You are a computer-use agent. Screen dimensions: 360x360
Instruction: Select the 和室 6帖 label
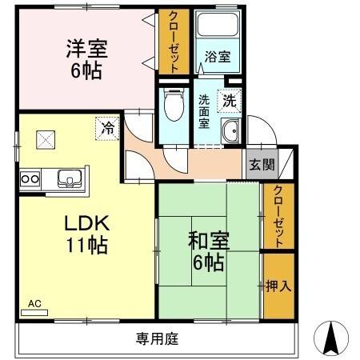coord(206,250)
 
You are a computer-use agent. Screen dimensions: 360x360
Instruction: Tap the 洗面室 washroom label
coord(204,113)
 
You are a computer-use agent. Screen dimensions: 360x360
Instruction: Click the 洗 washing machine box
coord(229,102)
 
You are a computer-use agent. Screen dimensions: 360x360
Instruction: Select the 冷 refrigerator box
coord(106,126)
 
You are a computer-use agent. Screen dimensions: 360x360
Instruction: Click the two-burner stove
coord(30,177)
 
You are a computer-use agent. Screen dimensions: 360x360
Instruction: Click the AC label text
coord(34,304)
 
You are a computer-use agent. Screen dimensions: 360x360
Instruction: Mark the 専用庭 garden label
coord(156,338)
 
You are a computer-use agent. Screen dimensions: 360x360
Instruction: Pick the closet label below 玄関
coord(277,215)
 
